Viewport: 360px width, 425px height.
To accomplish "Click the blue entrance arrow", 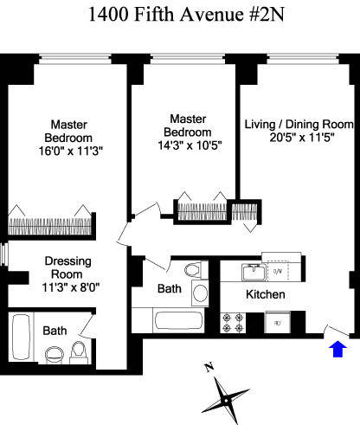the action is click(x=337, y=349).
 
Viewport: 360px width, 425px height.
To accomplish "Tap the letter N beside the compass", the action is click(x=209, y=367).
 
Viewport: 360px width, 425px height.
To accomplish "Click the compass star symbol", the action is click(x=226, y=400).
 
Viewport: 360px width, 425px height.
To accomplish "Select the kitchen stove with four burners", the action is click(x=233, y=323).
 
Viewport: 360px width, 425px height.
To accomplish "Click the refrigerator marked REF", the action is click(x=278, y=322).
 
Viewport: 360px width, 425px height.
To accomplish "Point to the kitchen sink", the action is click(x=253, y=273).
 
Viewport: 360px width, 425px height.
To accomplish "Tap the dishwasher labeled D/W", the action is click(x=278, y=271).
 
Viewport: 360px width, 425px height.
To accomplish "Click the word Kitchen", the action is click(x=266, y=294).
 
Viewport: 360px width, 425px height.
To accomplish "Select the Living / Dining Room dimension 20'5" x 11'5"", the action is click(x=302, y=138).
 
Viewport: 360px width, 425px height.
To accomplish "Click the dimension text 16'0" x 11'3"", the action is click(x=70, y=151).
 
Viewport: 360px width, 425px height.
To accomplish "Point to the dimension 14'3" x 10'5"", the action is click(x=190, y=145).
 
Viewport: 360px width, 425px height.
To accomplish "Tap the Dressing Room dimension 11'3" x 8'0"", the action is click(x=71, y=287).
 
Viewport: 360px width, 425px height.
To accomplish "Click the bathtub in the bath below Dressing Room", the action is click(x=21, y=337).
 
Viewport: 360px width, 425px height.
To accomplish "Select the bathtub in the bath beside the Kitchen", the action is click(x=178, y=320).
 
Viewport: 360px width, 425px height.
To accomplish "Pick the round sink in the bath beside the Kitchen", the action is click(x=200, y=293).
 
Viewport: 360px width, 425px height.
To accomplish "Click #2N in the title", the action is click(x=267, y=15).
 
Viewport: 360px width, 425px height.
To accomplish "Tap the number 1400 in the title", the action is click(x=108, y=15).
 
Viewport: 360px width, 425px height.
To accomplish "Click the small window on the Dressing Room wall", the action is click(x=4, y=254).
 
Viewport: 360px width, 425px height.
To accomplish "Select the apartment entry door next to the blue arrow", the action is click(x=337, y=331).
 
